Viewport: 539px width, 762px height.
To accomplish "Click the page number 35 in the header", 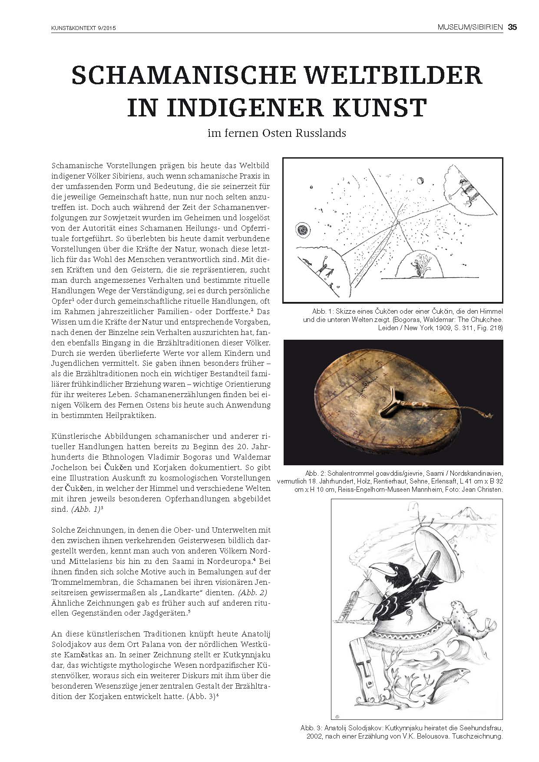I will (x=513, y=27).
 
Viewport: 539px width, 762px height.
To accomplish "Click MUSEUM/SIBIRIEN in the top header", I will (x=470, y=27).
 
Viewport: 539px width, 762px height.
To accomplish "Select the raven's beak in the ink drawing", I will (x=378, y=568).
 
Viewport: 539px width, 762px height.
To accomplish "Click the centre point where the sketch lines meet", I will (x=397, y=222).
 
